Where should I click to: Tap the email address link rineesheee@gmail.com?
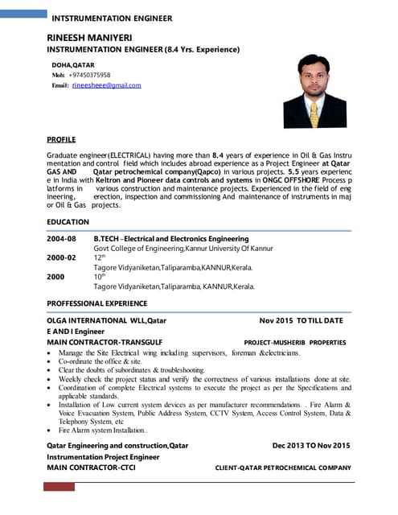click(106, 84)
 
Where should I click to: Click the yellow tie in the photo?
click(313, 104)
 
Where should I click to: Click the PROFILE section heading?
click(61, 138)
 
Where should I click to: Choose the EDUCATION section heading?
click(68, 221)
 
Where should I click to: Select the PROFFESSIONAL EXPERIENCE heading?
click(96, 303)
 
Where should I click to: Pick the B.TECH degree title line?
click(170, 239)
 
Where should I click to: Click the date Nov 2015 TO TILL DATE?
click(301, 320)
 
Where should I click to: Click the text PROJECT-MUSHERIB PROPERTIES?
click(294, 342)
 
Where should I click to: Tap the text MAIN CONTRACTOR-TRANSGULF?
click(105, 341)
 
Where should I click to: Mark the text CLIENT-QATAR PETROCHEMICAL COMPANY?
click(283, 468)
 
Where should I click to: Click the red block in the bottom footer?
click(59, 486)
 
